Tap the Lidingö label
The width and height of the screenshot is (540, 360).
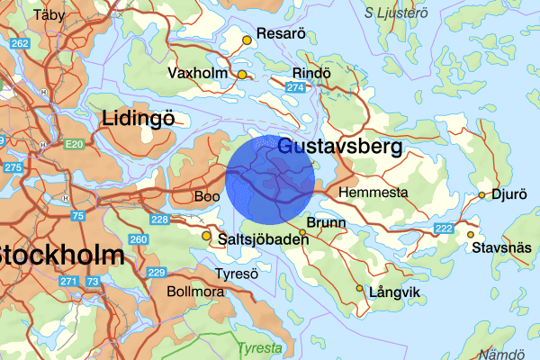[138, 118]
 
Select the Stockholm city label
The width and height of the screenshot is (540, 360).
[59, 255]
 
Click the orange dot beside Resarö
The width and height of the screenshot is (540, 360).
[247, 40]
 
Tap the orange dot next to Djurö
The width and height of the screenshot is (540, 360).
[482, 195]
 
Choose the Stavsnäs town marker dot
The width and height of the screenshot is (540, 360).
[470, 235]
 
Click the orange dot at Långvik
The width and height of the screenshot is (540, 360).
[360, 289]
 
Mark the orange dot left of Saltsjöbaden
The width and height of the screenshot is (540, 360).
[207, 237]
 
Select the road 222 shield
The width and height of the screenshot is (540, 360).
[443, 229]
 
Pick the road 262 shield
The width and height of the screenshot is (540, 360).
[19, 43]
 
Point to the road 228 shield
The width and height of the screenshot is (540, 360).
[160, 220]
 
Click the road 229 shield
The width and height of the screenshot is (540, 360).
[156, 273]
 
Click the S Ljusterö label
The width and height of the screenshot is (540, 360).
[401, 12]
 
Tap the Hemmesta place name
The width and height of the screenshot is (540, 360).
[373, 193]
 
